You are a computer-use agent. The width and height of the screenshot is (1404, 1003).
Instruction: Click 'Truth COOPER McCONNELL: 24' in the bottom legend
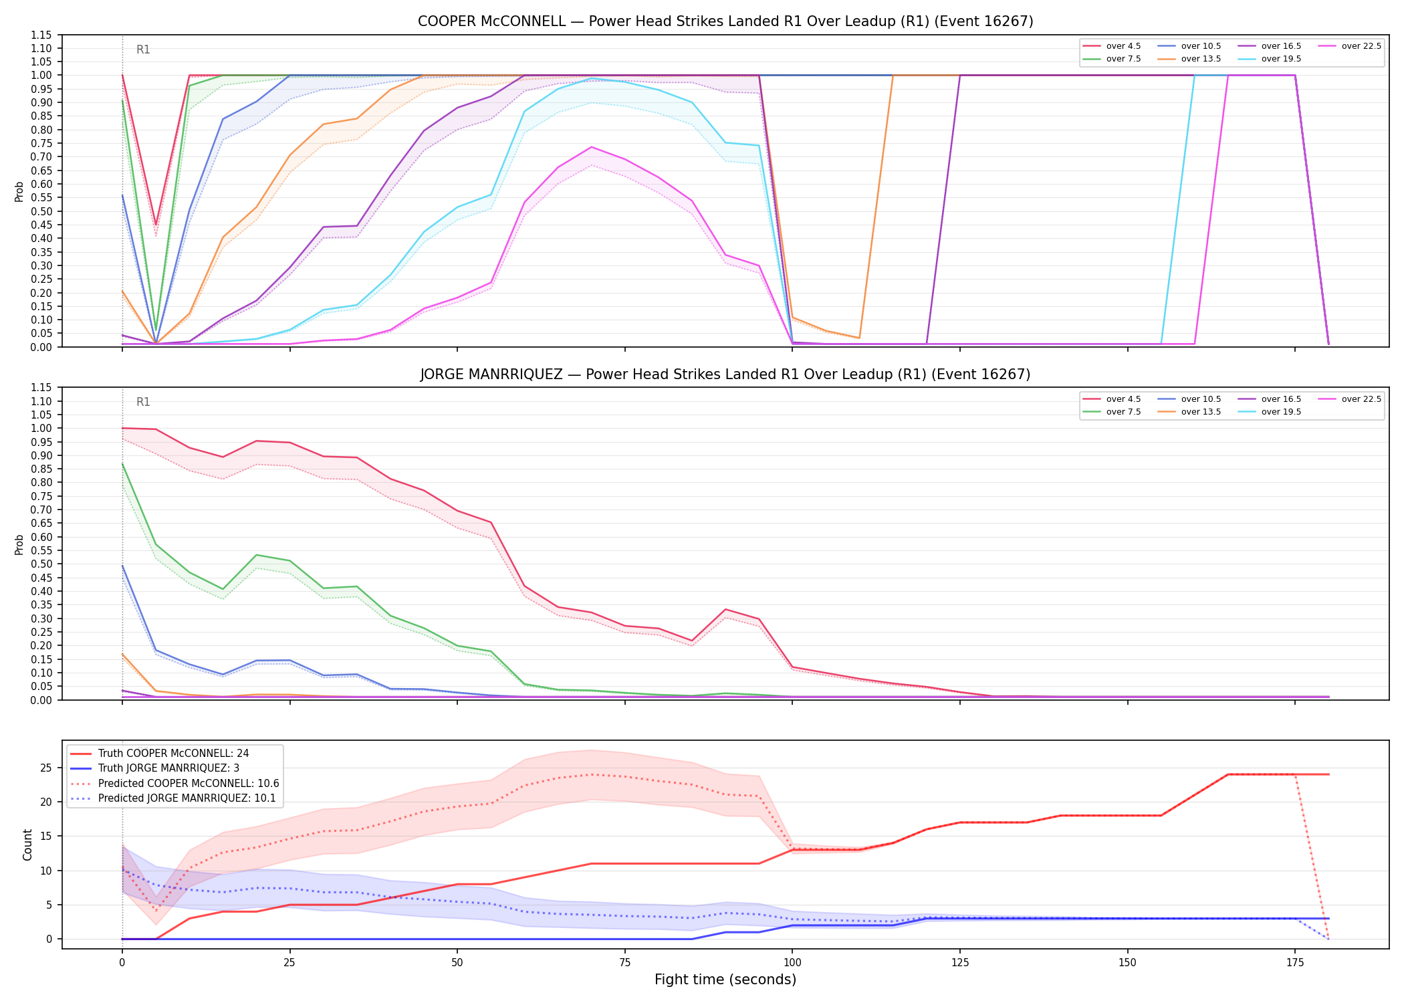point(173,754)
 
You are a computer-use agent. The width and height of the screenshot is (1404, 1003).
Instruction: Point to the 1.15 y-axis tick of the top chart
point(41,35)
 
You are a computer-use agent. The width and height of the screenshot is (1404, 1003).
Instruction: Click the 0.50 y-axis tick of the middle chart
point(41,564)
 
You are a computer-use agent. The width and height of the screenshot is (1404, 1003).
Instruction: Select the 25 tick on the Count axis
point(45,768)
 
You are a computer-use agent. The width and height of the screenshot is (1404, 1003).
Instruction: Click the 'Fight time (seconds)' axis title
point(725,980)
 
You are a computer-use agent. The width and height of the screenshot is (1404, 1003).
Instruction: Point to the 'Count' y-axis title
point(27,845)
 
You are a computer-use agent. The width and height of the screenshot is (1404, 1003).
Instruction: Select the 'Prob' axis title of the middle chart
point(19,544)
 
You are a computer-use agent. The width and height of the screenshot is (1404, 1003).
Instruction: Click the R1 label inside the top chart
point(143,49)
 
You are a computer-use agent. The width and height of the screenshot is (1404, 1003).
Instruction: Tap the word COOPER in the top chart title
point(442,21)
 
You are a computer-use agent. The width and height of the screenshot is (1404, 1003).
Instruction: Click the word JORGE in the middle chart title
point(441,374)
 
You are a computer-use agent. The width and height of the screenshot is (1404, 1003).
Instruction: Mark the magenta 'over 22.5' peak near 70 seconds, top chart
point(591,147)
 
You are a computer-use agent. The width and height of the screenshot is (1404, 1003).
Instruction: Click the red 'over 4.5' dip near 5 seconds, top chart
point(156,225)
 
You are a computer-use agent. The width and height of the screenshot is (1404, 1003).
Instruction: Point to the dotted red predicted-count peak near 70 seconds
point(591,774)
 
